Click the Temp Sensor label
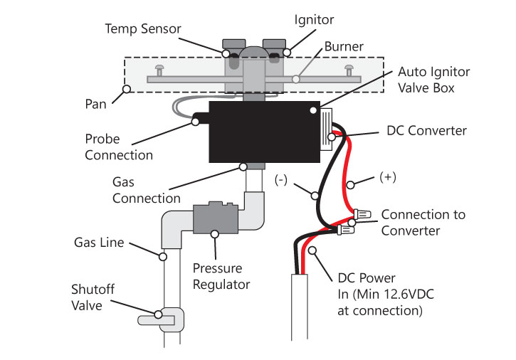tap(143, 29)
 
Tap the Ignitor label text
tap(314, 20)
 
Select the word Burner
tap(344, 46)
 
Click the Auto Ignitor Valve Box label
tap(433, 80)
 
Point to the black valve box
tap(264, 132)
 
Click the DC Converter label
tap(426, 131)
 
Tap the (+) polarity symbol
tap(388, 177)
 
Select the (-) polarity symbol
tap(281, 180)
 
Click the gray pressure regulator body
tap(216, 217)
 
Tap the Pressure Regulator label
tap(221, 277)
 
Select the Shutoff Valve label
tap(93, 297)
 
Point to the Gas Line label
tap(99, 243)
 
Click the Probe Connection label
tap(119, 147)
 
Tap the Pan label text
tap(95, 104)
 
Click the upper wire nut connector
tap(362, 215)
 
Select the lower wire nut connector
tap(345, 230)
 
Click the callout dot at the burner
tap(296, 79)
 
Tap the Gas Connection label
tap(147, 190)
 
